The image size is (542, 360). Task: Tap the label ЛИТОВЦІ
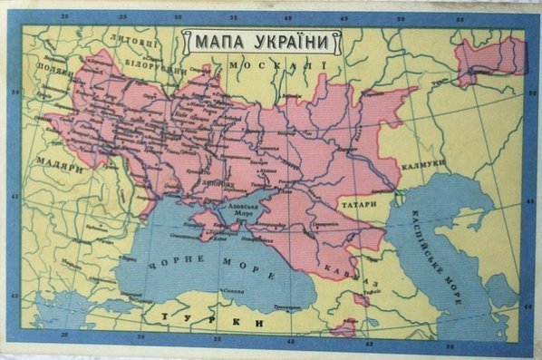tap(132, 41)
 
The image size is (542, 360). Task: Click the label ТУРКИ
tap(213, 321)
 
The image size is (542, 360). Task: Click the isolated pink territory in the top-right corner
tap(489, 62)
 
